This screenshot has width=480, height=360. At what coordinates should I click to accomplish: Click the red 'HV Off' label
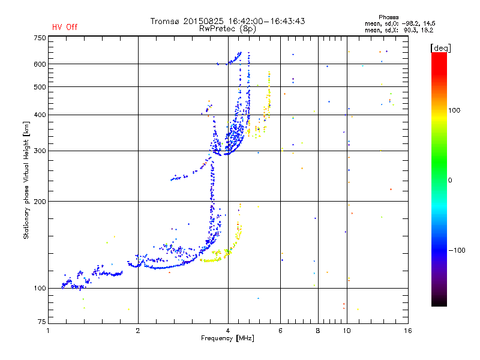[65, 27]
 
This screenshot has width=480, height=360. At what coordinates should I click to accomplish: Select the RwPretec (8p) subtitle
[227, 29]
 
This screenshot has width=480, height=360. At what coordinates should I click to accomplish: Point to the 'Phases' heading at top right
[388, 17]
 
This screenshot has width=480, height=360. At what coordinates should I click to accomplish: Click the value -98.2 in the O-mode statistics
[410, 23]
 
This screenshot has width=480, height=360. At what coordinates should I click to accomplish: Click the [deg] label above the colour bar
[440, 49]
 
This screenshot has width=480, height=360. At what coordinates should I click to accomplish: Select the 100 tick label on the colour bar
[454, 110]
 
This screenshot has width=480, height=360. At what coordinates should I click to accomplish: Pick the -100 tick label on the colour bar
[457, 250]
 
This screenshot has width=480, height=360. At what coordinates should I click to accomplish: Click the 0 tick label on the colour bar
[450, 180]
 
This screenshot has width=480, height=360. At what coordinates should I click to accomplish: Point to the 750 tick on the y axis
[40, 38]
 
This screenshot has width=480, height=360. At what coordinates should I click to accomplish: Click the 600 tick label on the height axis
[40, 64]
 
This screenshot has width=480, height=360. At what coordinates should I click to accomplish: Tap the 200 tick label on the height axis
[40, 202]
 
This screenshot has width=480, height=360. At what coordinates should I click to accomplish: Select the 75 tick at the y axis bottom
[42, 322]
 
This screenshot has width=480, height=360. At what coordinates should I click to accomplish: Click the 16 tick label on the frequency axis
[408, 331]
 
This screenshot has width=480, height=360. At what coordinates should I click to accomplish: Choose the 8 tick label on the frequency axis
[318, 331]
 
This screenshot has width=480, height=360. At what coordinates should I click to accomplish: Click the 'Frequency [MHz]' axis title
[227, 338]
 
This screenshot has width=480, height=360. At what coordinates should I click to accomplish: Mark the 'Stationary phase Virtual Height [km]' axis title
[26, 181]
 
